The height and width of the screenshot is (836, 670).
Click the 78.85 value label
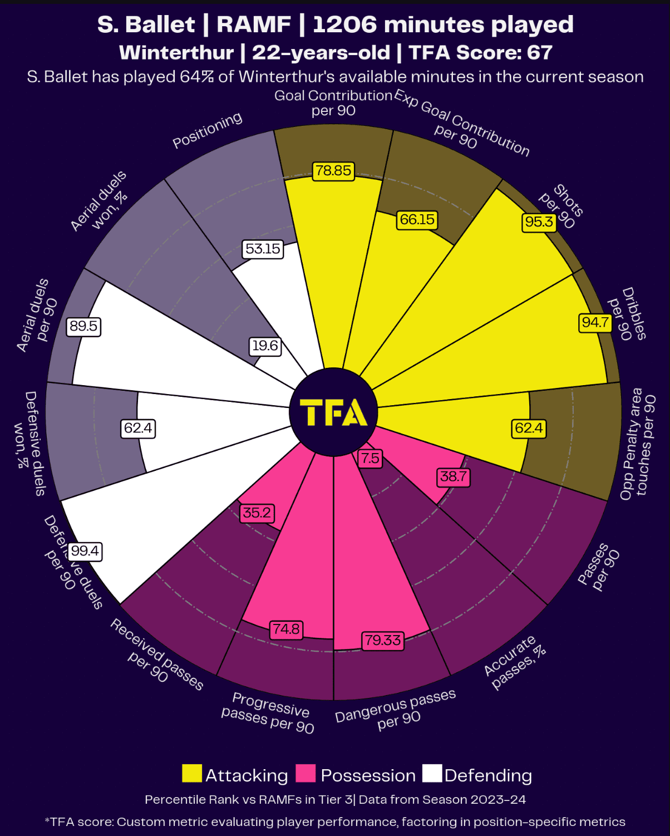coord(333,170)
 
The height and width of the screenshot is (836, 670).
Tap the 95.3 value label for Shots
coord(539,222)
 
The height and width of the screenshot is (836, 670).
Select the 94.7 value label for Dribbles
coord(595,322)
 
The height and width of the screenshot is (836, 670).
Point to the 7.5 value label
coord(370,458)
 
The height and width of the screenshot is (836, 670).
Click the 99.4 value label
coord(85,551)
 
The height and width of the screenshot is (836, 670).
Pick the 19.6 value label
coord(265,346)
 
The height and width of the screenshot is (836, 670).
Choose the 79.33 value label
coord(382,640)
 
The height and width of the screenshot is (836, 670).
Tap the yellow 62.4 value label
coord(529,428)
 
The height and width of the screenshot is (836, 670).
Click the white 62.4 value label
coord(138,428)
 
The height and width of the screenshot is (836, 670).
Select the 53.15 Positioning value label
coord(263,249)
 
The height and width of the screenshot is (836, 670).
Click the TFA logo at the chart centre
coord(333,412)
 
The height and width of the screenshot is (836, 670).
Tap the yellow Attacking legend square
coord(192,774)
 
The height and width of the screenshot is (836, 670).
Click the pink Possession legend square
coord(306,774)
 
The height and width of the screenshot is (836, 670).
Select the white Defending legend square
coord(432,774)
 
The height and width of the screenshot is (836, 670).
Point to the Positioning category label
coord(207,130)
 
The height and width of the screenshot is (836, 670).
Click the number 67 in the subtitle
coord(539,52)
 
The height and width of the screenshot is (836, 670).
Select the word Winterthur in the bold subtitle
coord(176,52)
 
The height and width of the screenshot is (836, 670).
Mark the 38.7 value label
coord(454,476)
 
